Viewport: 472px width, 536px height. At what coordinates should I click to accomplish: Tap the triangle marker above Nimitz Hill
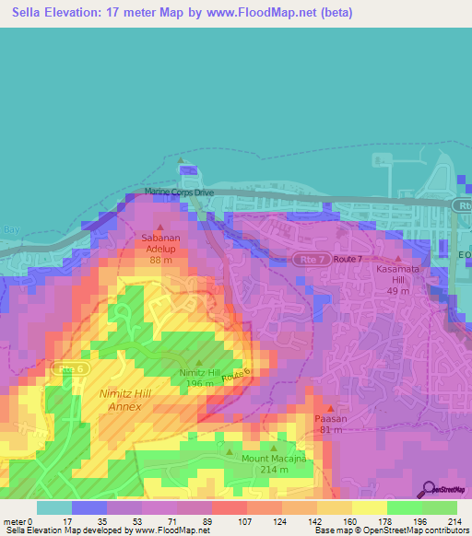[x=199, y=362]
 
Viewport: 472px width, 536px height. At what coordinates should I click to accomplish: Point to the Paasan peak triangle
[x=331, y=406]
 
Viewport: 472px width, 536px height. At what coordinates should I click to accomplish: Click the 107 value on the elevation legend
[x=246, y=520]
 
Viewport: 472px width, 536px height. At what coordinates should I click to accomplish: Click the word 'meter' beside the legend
[x=13, y=520]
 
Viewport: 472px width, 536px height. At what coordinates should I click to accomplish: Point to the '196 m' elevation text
[x=199, y=384]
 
